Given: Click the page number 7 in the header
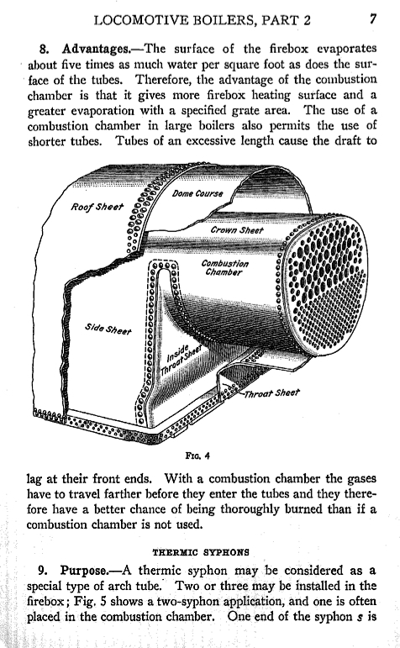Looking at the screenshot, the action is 373,19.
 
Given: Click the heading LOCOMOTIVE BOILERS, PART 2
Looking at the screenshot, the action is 202,20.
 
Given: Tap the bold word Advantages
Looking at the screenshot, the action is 96,49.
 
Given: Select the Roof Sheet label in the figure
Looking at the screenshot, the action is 97,207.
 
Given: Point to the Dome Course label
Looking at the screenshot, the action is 197,193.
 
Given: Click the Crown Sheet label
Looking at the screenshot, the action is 237,229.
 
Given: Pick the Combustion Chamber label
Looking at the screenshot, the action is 225,267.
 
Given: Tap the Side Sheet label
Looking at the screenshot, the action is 108,329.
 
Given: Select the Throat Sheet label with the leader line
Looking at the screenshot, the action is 271,393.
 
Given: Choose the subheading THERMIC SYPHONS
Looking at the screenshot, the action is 201,552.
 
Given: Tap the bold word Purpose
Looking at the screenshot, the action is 84,571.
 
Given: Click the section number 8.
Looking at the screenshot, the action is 45,50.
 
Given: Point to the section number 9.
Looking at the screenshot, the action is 43,571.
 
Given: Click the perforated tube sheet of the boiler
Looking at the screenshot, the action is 325,284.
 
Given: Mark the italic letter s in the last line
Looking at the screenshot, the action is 360,618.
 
